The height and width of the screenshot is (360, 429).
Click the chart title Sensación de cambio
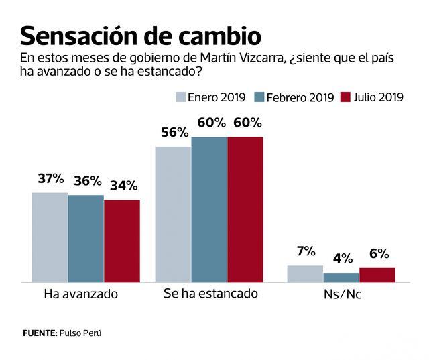tap(140, 34)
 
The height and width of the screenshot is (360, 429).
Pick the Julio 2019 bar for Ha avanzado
tap(122, 241)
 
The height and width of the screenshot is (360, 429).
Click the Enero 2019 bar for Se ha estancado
tap(173, 214)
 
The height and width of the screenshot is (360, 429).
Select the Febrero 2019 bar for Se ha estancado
tap(209, 209)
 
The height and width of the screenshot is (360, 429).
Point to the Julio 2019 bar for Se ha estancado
tap(245, 209)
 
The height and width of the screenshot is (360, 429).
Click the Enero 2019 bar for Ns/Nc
tap(305, 274)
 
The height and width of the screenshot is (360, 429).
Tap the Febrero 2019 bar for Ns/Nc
tap(341, 277)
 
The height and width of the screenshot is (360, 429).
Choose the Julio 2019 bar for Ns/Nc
tap(377, 275)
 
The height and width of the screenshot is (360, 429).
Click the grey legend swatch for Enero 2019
tap(180, 97)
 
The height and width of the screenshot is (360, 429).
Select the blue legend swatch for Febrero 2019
tap(258, 97)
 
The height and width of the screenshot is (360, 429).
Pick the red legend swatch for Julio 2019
tap(346, 97)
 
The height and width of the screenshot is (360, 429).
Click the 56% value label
tap(174, 132)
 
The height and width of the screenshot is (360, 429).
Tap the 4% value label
tap(341, 258)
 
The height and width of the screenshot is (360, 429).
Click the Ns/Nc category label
tap(341, 294)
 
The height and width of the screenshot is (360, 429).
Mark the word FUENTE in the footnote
tap(38, 333)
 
